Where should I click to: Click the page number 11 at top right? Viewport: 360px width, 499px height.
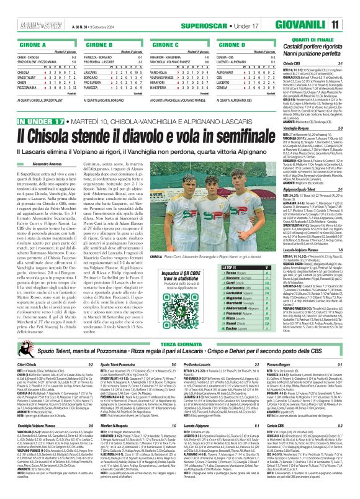pyautogui.click(x=352, y=7)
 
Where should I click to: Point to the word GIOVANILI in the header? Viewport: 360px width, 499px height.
pyautogui.click(x=320, y=7)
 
